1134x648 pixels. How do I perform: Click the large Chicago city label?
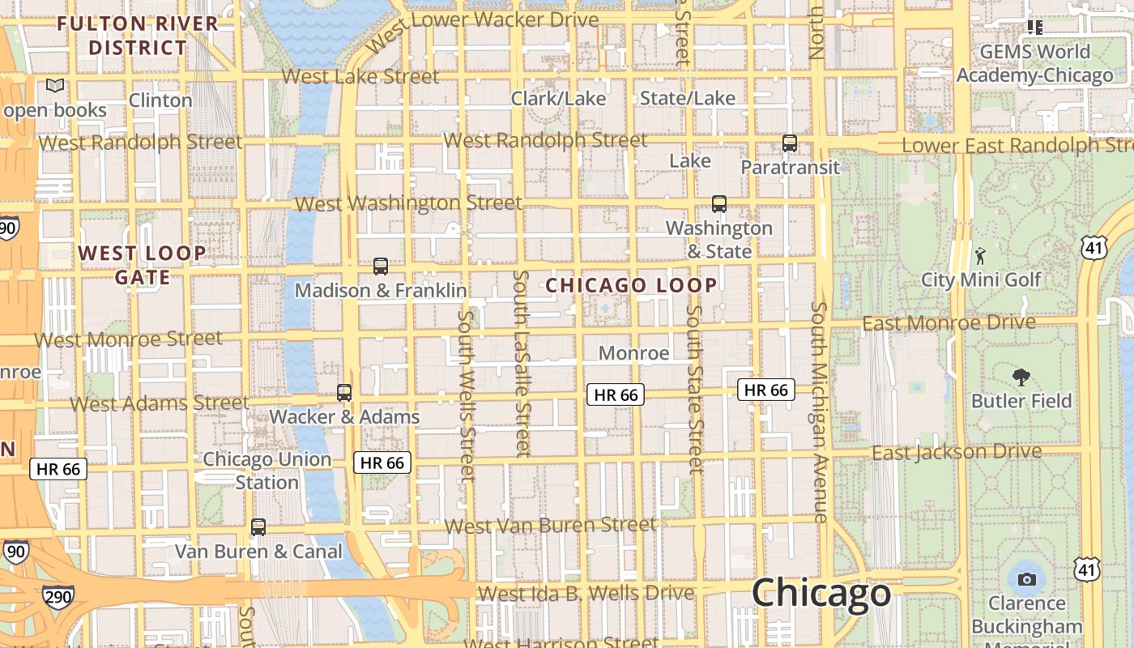[x=821, y=594]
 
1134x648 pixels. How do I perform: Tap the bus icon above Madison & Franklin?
[x=380, y=266]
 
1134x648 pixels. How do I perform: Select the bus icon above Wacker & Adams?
[x=344, y=393]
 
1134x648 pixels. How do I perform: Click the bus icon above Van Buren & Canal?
[x=258, y=527]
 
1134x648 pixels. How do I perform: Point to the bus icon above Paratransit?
[x=790, y=143]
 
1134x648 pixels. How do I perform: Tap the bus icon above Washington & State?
[x=718, y=204]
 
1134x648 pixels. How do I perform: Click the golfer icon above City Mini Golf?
[x=981, y=257]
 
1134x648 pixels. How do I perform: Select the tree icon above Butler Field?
[x=1021, y=377]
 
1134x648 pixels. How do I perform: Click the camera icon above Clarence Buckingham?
[x=1027, y=579]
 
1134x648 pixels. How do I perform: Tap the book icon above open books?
[x=55, y=85]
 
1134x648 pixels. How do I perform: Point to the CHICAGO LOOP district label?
[x=631, y=285]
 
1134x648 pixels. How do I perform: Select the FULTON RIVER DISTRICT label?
[x=138, y=36]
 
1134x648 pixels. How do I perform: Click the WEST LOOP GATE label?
[x=143, y=265]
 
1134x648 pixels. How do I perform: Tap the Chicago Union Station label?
[x=267, y=471]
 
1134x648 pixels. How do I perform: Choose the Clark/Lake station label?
[x=558, y=98]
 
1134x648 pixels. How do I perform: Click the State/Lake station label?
[x=688, y=98]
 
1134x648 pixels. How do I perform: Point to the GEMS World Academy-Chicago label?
[x=1035, y=64]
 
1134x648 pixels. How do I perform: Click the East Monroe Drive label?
[x=949, y=323]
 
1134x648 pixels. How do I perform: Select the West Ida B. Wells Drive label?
[x=586, y=593]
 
